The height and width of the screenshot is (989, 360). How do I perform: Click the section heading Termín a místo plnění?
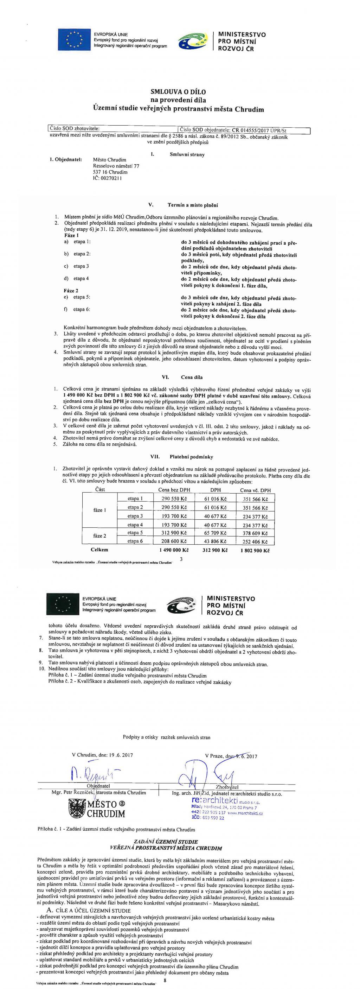(193, 205)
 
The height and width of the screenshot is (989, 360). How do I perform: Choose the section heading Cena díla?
(192, 378)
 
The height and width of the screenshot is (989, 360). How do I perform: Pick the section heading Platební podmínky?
(191, 457)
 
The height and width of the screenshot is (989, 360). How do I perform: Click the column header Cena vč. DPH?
(255, 490)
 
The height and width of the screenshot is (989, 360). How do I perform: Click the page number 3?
(181, 559)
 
